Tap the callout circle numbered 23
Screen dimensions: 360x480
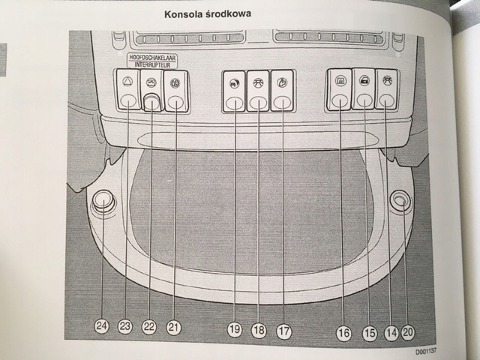pyautogui.click(x=125, y=326)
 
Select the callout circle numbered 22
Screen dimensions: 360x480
pyautogui.click(x=150, y=326)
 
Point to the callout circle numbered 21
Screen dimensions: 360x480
pyautogui.click(x=174, y=326)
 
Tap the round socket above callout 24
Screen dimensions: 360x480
pyautogui.click(x=103, y=201)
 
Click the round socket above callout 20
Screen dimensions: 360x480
pyautogui.click(x=401, y=199)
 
